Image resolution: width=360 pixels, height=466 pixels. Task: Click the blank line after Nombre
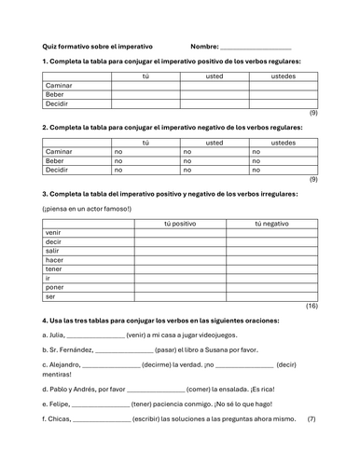255,47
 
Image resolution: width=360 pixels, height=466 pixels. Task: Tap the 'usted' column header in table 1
214,75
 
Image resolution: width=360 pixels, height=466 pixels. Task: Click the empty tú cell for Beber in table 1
145,94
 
